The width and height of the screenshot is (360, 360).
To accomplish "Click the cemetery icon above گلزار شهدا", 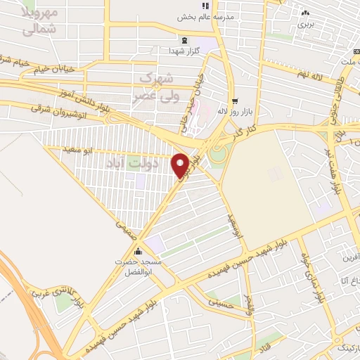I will pos(184,41).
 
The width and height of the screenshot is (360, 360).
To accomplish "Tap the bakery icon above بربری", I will pos(304,13).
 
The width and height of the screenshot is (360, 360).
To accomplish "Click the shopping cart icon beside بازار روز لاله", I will pos(235,100).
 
